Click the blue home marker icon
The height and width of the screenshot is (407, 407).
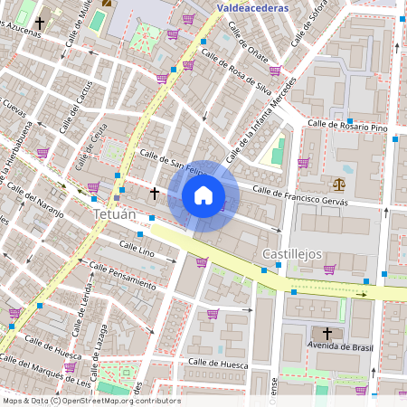[203, 195]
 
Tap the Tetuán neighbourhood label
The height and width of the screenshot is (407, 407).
[114, 215]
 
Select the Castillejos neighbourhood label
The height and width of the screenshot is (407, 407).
[292, 254]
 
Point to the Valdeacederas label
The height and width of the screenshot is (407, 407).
[253, 8]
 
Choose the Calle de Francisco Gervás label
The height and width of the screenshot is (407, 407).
[300, 195]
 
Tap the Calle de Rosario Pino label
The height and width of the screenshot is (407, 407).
[347, 128]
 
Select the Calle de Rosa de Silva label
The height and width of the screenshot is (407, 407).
[237, 71]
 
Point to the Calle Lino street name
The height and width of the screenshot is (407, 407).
[137, 249]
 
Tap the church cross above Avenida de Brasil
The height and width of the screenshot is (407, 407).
[327, 333]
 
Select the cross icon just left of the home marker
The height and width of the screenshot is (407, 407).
[155, 193]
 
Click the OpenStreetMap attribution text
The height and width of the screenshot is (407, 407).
[90, 401]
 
